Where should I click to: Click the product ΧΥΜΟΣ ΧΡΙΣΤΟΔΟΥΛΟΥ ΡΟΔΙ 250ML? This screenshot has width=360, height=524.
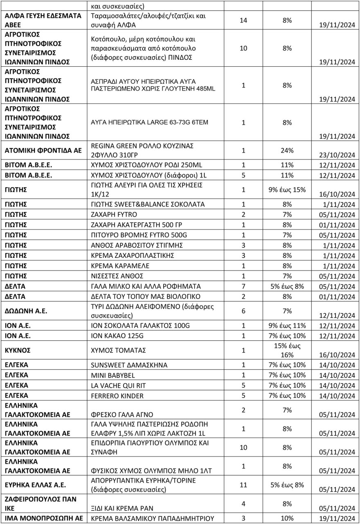[146, 165]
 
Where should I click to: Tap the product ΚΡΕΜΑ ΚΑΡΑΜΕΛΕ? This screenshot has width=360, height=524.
[122, 265]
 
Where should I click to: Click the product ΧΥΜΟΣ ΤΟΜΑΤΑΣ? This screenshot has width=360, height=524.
[119, 351]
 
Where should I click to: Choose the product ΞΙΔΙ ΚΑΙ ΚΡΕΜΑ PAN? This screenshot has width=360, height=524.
[122, 508]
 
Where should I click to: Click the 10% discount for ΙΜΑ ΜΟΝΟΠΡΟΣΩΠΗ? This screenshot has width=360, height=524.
[286, 518]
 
